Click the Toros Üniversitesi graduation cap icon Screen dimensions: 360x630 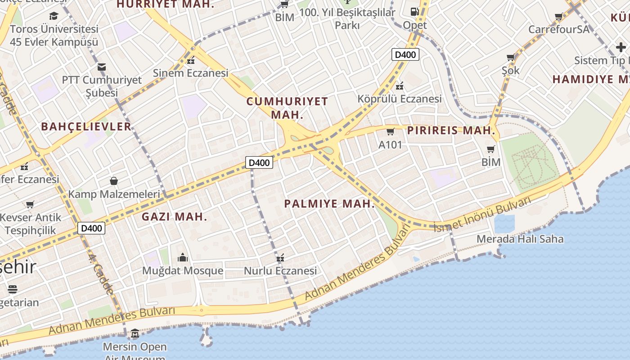tap(54, 16)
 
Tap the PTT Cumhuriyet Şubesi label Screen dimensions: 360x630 tap(102, 86)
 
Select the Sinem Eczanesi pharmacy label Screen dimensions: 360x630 tap(191, 73)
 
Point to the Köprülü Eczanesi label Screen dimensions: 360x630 tap(400, 99)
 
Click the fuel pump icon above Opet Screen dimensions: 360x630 tap(414, 12)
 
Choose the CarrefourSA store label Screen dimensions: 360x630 tap(558, 29)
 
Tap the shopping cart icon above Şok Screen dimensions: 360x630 tap(510, 58)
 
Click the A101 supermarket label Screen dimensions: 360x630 tap(390, 145)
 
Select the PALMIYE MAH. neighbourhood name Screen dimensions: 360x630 tap(329, 204)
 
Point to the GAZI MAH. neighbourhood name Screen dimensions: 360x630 tap(175, 216)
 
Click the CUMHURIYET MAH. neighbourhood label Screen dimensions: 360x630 tap(287, 108)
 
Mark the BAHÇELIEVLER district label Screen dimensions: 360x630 tap(86, 126)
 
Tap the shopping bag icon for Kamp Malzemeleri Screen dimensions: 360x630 tap(114, 181)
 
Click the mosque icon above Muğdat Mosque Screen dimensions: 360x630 tap(183, 257)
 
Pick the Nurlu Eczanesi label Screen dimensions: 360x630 tap(280, 271)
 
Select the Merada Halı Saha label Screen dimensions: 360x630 tap(520, 238)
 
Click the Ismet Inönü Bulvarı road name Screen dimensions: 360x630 tap(482, 215)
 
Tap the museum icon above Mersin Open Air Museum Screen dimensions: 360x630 tap(135, 334)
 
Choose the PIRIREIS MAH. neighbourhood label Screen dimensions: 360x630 tap(451, 131)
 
